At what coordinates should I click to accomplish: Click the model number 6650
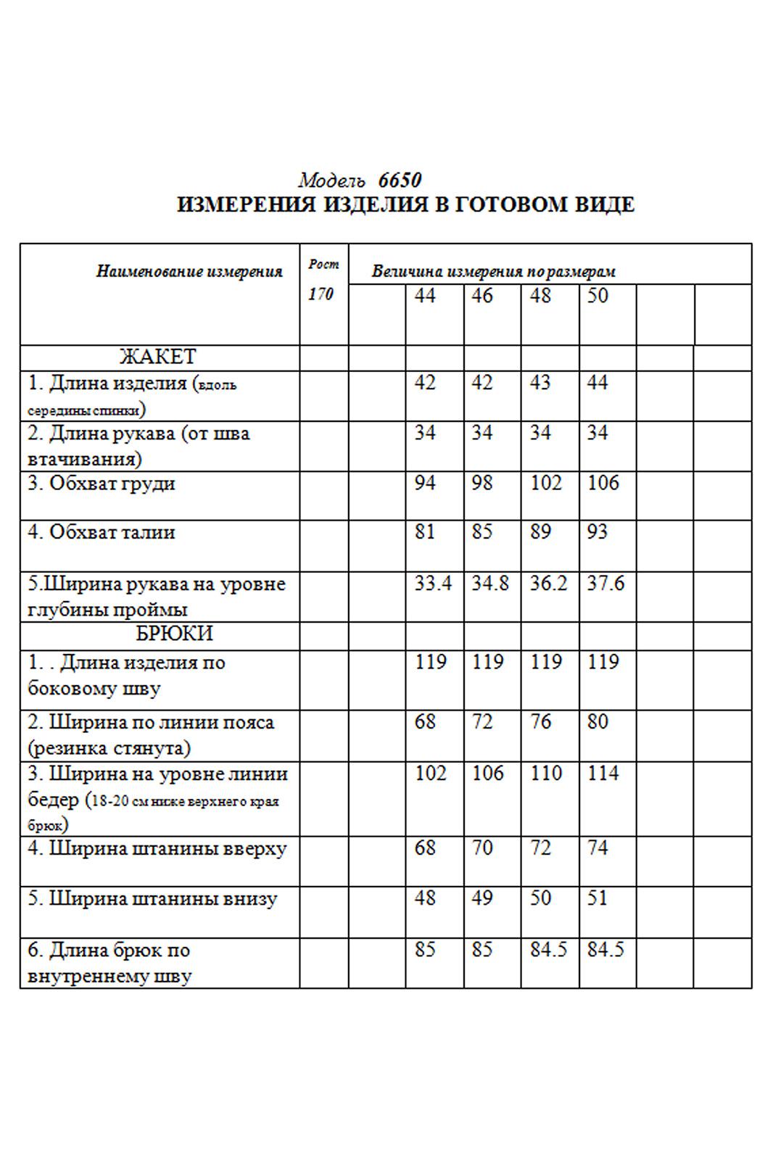tap(400, 181)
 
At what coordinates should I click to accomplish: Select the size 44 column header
tap(425, 296)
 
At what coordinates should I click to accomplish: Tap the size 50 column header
tap(598, 296)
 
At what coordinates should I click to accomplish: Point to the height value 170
tap(321, 294)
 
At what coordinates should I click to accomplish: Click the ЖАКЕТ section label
tap(157, 357)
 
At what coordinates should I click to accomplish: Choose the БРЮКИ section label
tap(174, 634)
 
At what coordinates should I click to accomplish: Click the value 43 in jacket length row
tap(540, 383)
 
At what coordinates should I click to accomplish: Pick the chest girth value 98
tap(482, 483)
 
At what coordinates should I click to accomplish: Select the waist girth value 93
tap(598, 532)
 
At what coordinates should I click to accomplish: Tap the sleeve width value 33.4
tap(433, 584)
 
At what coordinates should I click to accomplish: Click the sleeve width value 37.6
tap(605, 584)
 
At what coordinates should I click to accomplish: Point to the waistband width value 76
tap(540, 722)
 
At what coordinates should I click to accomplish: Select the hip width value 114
tap(603, 774)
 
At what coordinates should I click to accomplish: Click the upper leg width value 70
tap(482, 848)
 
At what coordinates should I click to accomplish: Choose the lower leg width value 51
tap(598, 898)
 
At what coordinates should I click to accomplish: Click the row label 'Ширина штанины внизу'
tap(152, 899)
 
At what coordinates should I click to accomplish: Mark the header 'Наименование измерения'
tap(189, 272)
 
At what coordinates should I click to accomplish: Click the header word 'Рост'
tap(323, 265)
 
